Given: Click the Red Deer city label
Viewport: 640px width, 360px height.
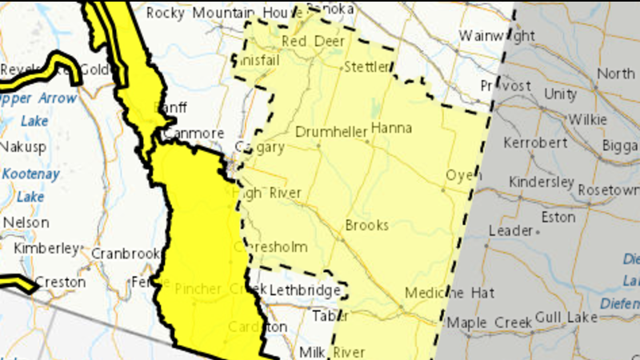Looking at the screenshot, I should pos(302,42).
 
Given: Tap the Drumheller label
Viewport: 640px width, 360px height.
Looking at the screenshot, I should pos(330,131).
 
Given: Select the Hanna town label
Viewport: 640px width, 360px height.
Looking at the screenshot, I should pos(390,128).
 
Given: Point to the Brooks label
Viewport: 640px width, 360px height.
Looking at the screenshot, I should pos(366,226).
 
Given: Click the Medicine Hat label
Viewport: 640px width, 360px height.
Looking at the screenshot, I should pos(449,293).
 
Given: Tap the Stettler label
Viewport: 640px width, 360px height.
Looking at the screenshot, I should pos(366,66).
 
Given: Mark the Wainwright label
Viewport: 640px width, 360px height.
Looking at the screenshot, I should pos(497,36).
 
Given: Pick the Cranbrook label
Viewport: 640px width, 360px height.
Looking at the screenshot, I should pos(126,253).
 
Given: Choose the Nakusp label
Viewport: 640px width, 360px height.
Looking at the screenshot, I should pos(24,147).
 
